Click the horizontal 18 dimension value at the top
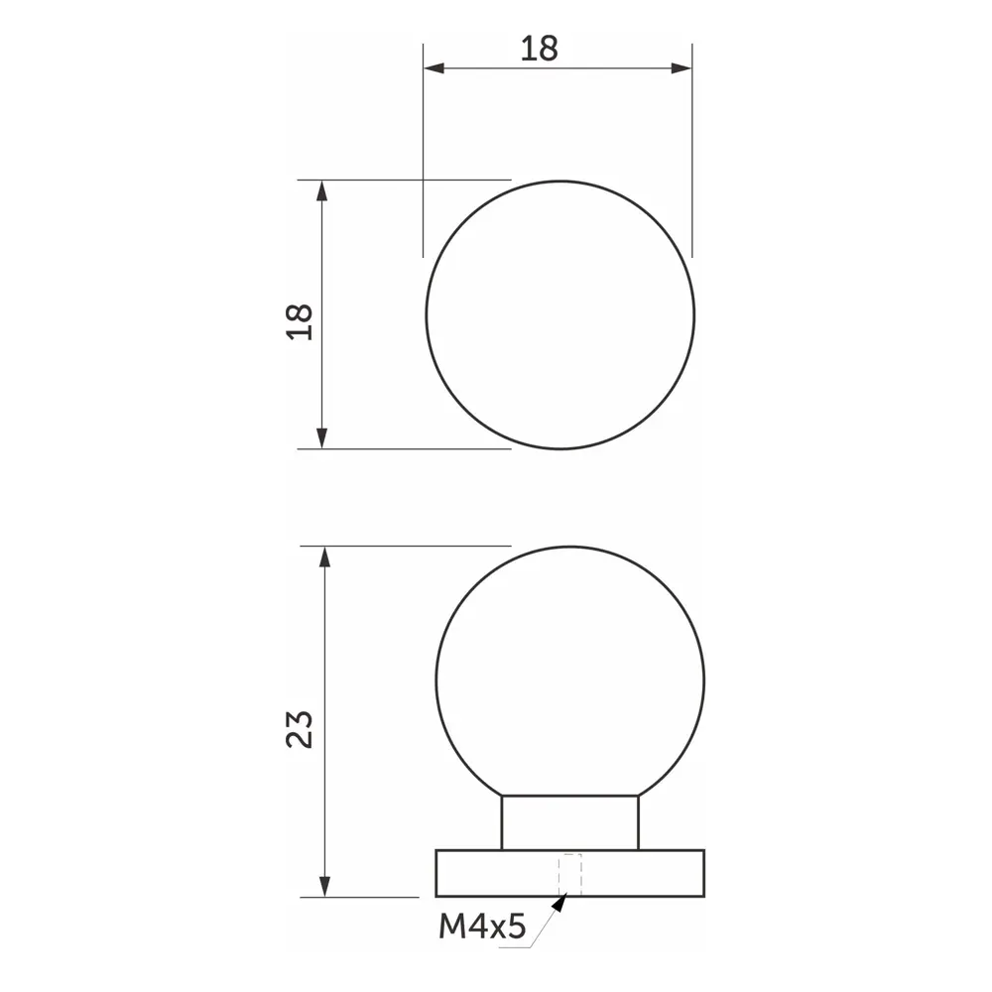tap(540, 48)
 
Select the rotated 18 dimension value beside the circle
tap(300, 320)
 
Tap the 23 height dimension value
tap(300, 729)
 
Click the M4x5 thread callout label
tap(481, 928)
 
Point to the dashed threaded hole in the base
tap(569, 874)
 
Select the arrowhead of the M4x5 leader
tap(561, 904)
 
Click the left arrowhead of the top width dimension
tap(434, 68)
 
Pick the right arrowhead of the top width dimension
tap(681, 68)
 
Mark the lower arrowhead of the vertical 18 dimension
tap(321, 437)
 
